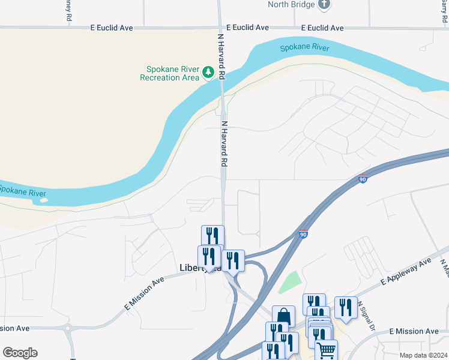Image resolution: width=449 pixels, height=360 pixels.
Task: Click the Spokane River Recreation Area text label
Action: coord(169,73)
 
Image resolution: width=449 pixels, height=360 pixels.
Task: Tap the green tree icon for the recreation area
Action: coord(208,73)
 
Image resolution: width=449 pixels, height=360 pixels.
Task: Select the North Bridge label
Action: coord(291,5)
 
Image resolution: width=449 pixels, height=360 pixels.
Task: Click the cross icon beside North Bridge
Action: coord(325,4)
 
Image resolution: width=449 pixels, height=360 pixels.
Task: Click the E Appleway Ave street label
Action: coord(406,273)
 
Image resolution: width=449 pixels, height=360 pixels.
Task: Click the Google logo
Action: coord(20,353)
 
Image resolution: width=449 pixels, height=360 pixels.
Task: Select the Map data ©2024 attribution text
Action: coord(423,355)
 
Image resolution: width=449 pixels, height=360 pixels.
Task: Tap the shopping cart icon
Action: coord(326,349)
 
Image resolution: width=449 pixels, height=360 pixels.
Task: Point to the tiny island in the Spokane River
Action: coord(43,200)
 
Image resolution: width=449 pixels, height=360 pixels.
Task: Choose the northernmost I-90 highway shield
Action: coord(362,178)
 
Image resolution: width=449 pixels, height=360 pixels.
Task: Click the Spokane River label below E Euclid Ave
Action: coord(305,47)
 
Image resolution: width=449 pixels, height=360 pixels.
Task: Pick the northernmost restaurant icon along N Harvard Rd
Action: coord(212,235)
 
